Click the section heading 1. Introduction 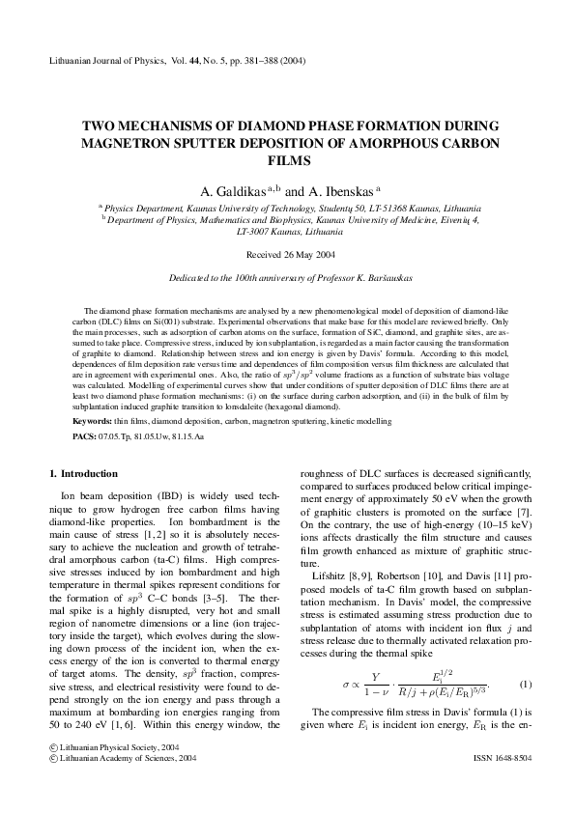pyautogui.click(x=83, y=474)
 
